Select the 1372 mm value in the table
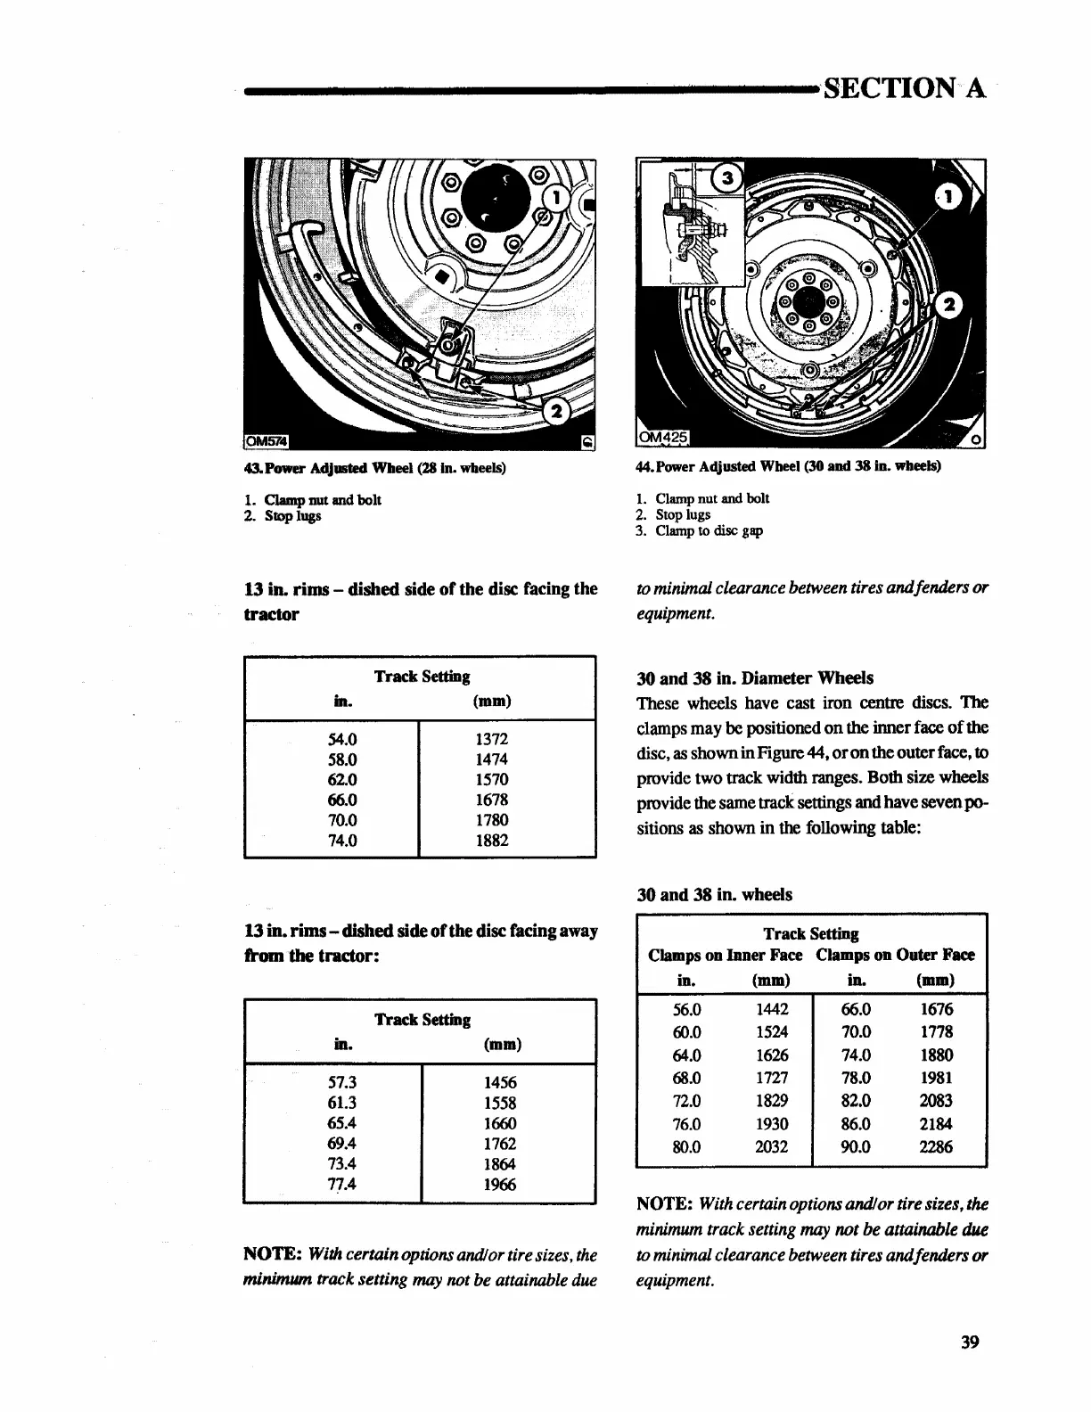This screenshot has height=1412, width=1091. (492, 739)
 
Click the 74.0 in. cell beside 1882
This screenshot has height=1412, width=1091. (342, 840)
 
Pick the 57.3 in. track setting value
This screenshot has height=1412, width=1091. (342, 1082)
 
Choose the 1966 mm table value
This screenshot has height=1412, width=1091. (499, 1185)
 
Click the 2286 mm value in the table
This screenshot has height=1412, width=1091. (936, 1147)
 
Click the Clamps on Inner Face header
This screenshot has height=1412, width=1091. (726, 955)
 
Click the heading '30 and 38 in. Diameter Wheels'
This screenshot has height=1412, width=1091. (755, 677)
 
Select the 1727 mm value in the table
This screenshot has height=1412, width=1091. (771, 1078)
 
